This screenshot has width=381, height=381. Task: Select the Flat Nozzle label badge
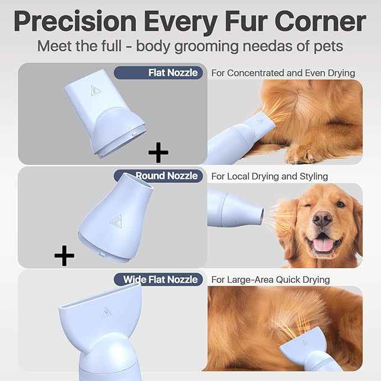click(158, 72)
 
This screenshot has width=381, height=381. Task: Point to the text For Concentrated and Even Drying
click(283, 72)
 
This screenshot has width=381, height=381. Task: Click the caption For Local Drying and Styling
click(269, 176)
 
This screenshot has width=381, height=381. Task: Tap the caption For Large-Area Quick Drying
click(270, 279)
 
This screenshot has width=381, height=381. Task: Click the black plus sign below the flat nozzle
click(158, 152)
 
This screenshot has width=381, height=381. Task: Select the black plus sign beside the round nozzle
click(65, 256)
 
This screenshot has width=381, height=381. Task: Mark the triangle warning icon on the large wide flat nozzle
click(106, 313)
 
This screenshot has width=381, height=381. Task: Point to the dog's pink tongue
click(323, 244)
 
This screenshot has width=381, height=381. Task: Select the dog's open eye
click(340, 201)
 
